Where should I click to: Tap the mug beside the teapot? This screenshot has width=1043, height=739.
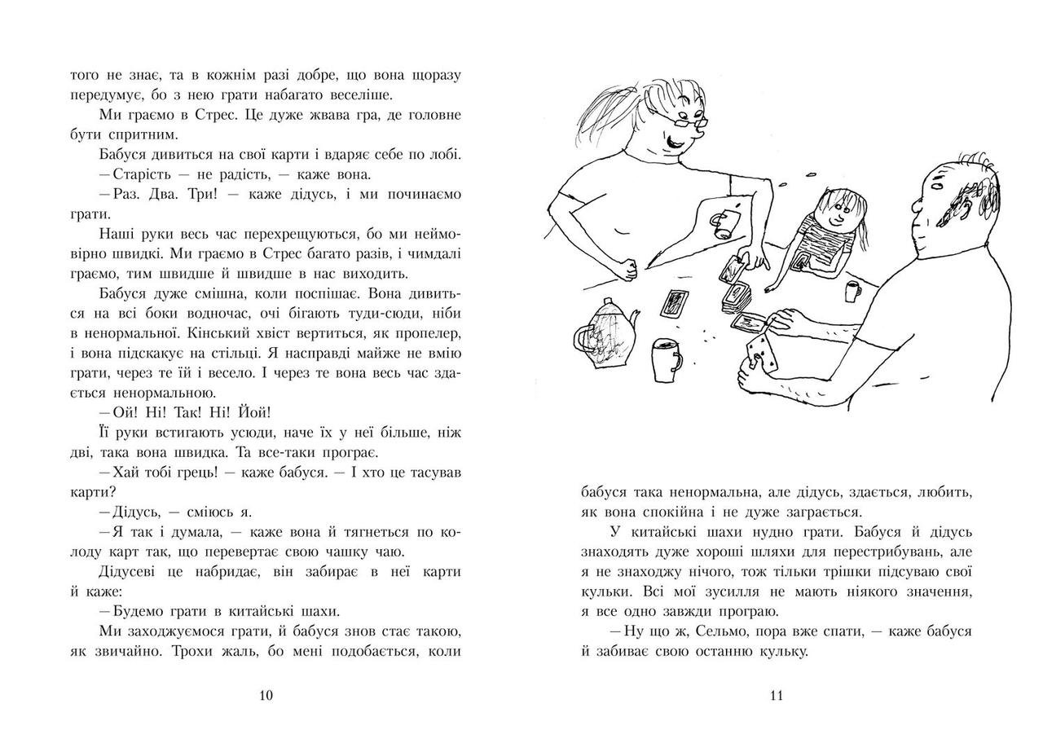[666, 359]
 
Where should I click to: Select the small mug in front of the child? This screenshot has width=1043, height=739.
[852, 290]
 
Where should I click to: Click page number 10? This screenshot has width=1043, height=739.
[265, 695]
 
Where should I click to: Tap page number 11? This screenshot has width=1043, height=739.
[776, 695]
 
